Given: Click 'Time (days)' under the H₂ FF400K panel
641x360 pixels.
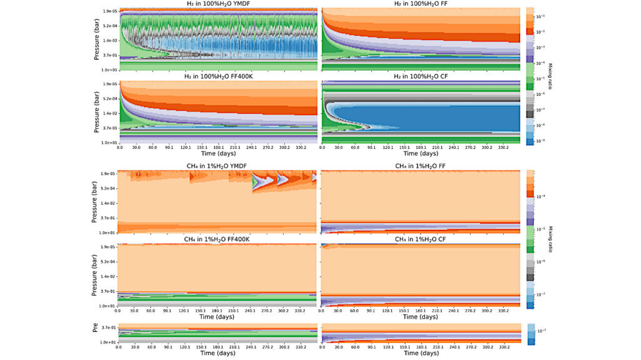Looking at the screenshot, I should [x=218, y=153].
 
